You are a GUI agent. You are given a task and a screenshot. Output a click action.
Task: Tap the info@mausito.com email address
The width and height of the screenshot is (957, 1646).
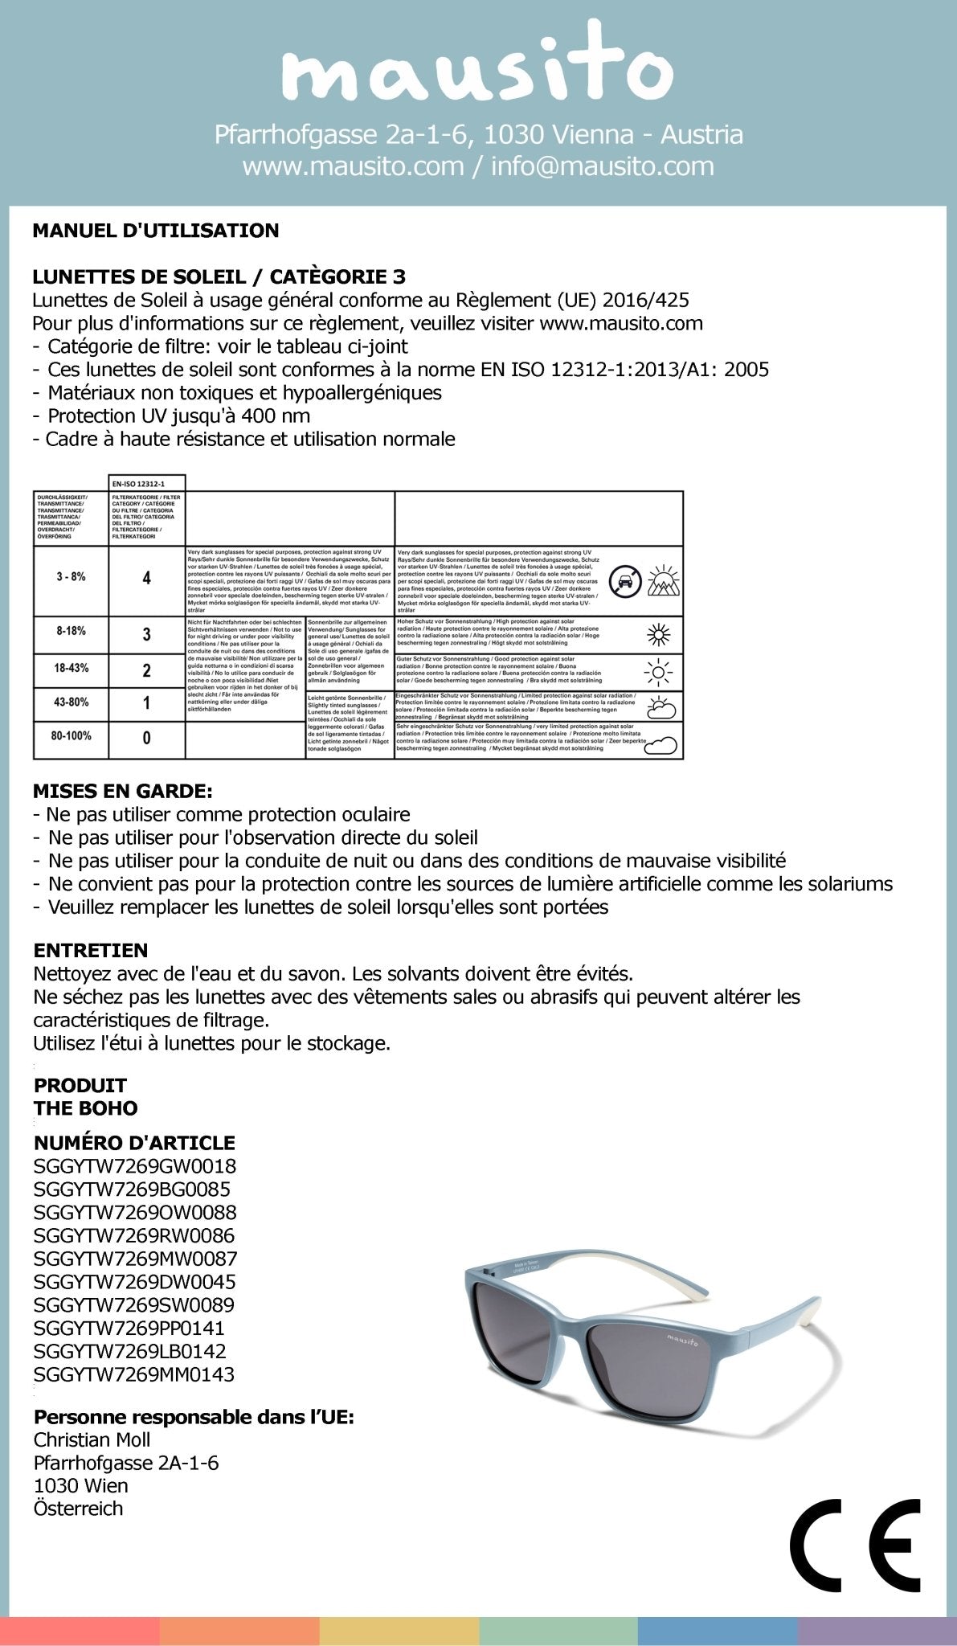click(x=602, y=166)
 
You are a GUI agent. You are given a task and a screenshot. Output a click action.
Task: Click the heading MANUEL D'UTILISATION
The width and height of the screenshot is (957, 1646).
click(x=156, y=231)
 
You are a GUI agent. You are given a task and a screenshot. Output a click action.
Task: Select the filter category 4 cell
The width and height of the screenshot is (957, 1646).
click(x=146, y=578)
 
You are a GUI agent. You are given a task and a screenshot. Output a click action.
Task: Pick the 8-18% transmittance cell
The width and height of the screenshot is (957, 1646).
click(x=71, y=632)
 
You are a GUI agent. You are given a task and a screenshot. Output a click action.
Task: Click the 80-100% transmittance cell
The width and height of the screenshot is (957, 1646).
click(x=71, y=735)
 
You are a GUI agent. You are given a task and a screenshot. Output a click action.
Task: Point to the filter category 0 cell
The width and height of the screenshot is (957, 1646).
click(x=146, y=738)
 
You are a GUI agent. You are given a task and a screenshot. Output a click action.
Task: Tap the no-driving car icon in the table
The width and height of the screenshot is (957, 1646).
click(x=625, y=579)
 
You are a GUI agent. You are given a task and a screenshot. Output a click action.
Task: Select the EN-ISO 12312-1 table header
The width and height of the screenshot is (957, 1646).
click(x=146, y=483)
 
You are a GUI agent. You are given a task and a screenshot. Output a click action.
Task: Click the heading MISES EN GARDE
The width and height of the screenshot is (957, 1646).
click(x=123, y=791)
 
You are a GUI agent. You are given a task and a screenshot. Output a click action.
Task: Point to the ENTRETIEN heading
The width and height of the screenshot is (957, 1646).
click(x=91, y=950)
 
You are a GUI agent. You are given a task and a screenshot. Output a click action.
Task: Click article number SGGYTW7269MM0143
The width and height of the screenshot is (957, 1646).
click(x=134, y=1374)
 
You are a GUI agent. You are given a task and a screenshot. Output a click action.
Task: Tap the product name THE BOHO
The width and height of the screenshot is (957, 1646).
click(x=86, y=1108)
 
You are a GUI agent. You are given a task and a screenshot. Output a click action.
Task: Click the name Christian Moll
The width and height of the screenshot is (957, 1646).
click(x=92, y=1439)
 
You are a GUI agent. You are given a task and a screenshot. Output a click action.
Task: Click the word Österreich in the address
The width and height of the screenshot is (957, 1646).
click(x=79, y=1508)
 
